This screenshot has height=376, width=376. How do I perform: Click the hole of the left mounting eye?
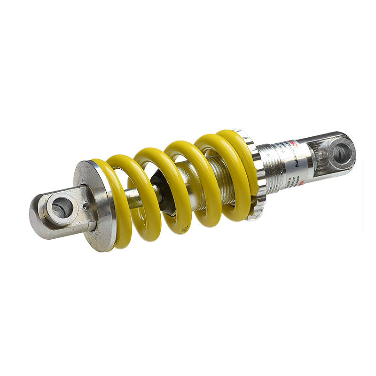pyautogui.click(x=61, y=207)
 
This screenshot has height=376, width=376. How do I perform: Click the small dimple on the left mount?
pyautogui.click(x=86, y=205)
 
